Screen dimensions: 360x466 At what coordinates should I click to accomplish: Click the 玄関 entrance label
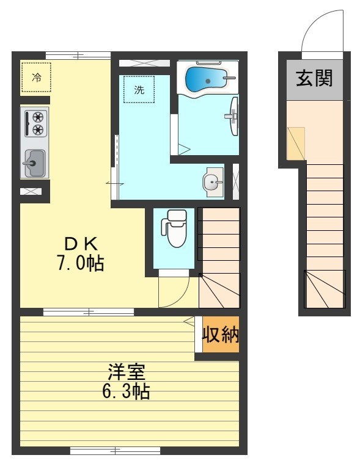(314, 78)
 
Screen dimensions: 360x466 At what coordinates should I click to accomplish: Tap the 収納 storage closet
(221, 335)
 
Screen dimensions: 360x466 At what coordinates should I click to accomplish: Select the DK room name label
(81, 244)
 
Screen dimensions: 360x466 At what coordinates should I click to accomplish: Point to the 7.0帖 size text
(81, 263)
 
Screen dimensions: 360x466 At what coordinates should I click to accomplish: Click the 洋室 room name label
(126, 371)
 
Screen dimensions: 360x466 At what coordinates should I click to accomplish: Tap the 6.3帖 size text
(126, 391)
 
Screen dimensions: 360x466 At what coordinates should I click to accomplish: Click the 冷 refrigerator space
(36, 78)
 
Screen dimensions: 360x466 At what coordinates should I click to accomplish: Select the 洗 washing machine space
(139, 89)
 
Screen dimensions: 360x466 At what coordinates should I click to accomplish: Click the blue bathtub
(206, 79)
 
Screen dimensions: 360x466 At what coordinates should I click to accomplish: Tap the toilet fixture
(175, 228)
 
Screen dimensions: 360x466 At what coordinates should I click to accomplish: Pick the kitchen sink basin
(35, 164)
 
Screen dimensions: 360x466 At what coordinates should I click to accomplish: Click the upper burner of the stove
(38, 117)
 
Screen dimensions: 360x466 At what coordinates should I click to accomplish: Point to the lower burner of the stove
(38, 130)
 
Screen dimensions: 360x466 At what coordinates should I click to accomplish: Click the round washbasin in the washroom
(211, 181)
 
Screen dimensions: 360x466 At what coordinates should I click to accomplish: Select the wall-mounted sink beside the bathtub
(234, 116)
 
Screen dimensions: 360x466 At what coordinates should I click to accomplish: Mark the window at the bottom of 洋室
(115, 451)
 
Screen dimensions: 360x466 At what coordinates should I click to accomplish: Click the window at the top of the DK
(78, 56)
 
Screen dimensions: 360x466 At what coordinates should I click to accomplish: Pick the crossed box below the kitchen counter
(31, 191)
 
